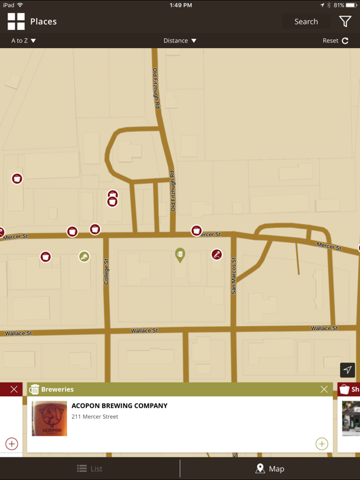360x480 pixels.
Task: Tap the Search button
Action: [306, 21]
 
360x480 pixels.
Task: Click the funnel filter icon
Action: [345, 21]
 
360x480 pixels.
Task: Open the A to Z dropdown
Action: [24, 41]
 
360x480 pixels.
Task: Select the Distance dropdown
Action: [180, 41]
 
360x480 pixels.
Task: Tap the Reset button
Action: [336, 41]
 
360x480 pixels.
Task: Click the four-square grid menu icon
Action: [16, 21]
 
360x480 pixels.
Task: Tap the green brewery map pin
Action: [180, 254]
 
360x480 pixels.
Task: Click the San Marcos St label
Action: [234, 276]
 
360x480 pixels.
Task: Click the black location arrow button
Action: [347, 370]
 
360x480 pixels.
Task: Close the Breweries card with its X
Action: [324, 389]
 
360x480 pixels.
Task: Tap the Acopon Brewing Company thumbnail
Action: [49, 418]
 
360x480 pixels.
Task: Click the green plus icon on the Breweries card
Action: [322, 444]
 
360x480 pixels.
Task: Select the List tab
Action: [90, 469]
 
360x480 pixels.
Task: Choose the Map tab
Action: [270, 469]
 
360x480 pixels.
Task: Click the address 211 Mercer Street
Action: [95, 417]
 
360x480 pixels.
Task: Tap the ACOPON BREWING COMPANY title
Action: [119, 406]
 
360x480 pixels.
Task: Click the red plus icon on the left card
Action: [11, 444]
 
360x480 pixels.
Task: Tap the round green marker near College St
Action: [84, 256]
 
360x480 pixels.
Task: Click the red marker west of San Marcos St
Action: [217, 254]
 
